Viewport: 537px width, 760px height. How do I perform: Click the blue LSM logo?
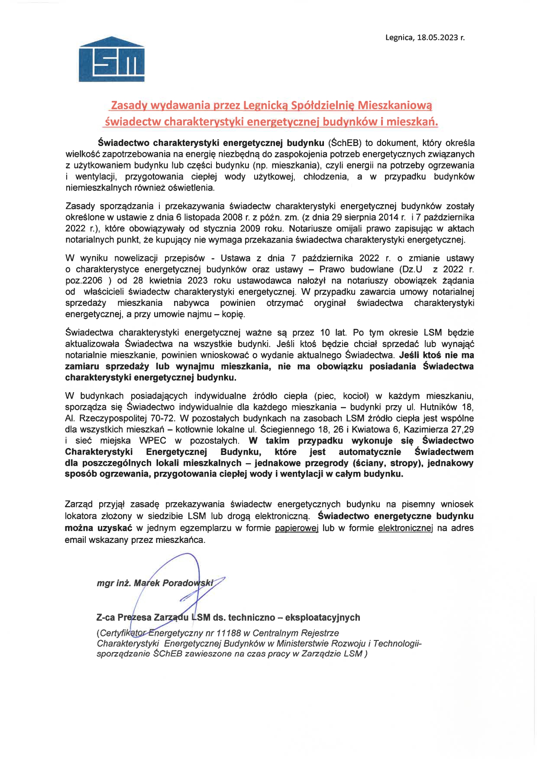pos(111,59)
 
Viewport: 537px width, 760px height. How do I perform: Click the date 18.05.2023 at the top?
pos(437,38)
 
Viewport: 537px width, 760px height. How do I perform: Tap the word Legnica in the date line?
pos(398,38)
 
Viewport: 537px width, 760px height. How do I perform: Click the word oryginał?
pos(330,303)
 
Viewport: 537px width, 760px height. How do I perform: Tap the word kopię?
pos(234,314)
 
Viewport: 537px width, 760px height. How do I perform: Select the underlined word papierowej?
pos(297,528)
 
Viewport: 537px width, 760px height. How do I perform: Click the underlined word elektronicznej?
pos(405,528)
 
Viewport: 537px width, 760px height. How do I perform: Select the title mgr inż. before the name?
pos(114,583)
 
